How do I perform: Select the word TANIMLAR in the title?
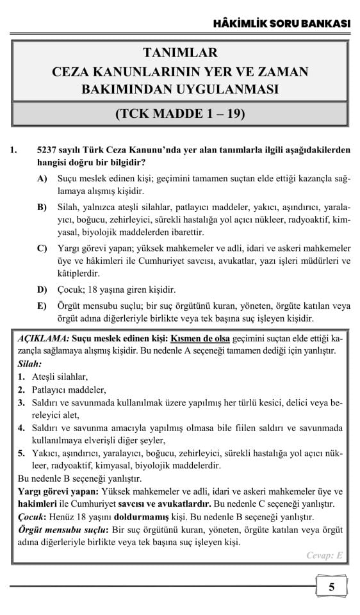click(180, 53)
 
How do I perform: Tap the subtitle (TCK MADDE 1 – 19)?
click(180, 115)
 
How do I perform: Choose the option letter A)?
click(43, 179)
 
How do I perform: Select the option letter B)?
click(43, 208)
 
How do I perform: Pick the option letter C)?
click(43, 249)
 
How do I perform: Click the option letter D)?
click(43, 290)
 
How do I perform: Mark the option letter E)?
click(43, 306)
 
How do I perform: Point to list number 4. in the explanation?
click(21, 427)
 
